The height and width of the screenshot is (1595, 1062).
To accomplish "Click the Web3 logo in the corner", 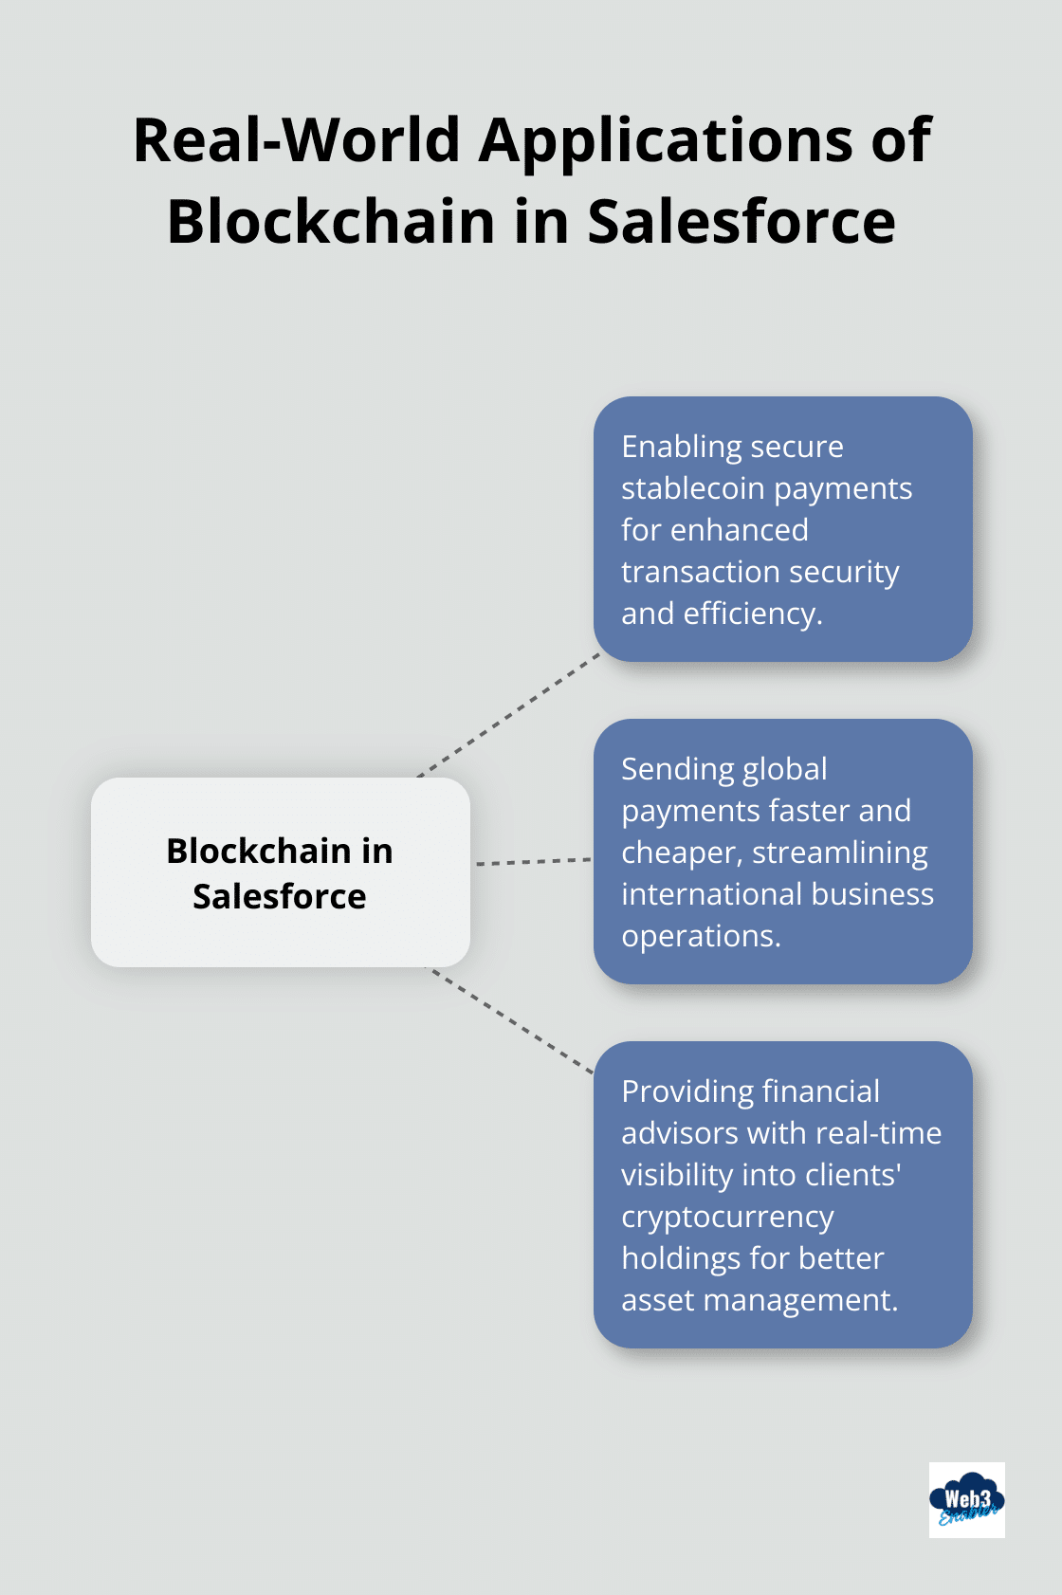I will [x=966, y=1499].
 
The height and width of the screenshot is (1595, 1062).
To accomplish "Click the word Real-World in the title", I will [x=297, y=140].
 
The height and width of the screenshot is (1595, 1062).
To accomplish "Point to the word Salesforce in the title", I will [x=742, y=222].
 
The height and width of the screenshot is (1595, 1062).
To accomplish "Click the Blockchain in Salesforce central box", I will [x=280, y=872].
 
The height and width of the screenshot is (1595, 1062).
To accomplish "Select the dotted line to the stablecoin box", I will [x=509, y=713].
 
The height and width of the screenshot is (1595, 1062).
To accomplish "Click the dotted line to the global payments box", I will [x=533, y=862].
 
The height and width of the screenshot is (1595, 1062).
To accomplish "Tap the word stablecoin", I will [x=693, y=488].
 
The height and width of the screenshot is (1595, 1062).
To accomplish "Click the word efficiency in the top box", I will [x=752, y=614].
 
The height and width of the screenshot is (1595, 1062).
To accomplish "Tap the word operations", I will [x=701, y=936].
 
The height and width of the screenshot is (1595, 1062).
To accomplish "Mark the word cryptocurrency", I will [x=727, y=1217].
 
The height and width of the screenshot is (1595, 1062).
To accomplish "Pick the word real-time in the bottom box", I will [x=878, y=1133].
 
